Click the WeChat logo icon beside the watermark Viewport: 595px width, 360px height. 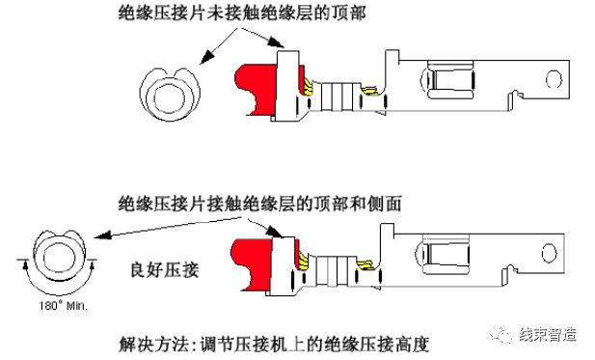508,333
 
